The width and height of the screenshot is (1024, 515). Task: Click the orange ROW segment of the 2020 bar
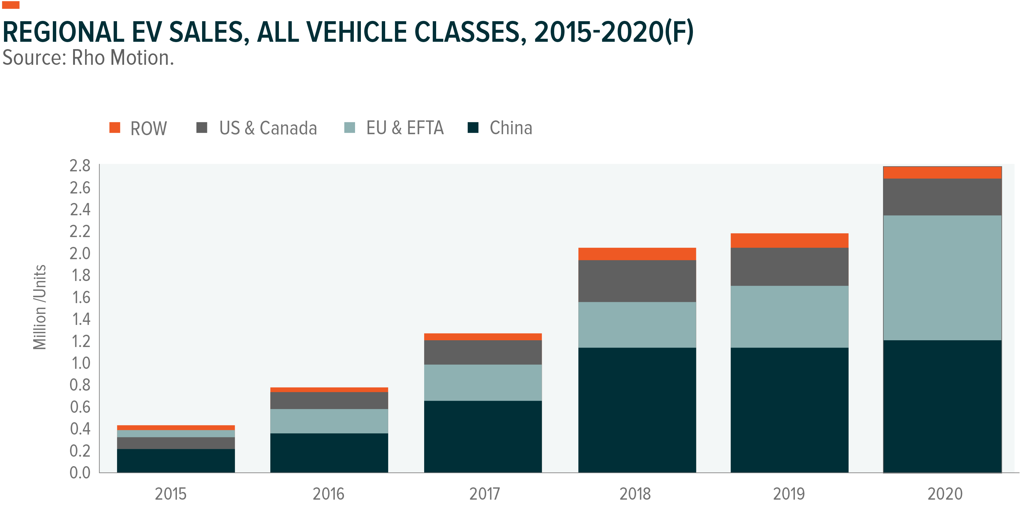(x=942, y=173)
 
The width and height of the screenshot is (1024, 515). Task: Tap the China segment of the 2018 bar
(x=637, y=409)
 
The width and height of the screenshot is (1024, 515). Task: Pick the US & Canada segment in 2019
(x=789, y=267)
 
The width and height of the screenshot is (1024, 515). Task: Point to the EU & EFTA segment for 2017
(x=483, y=382)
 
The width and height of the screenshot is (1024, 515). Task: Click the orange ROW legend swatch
(x=115, y=127)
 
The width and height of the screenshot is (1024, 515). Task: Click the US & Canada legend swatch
(x=202, y=127)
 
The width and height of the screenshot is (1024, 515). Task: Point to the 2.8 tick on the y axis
(x=80, y=166)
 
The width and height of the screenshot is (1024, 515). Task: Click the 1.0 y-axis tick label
(x=80, y=363)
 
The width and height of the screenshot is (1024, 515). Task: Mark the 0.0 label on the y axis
(x=80, y=473)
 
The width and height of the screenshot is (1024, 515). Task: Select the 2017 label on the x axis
(x=484, y=494)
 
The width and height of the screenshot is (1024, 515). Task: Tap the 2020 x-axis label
(x=944, y=494)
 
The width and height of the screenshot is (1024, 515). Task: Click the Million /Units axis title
(x=40, y=307)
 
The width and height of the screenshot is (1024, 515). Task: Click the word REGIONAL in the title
(x=64, y=32)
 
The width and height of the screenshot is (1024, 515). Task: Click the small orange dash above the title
(x=11, y=5)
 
